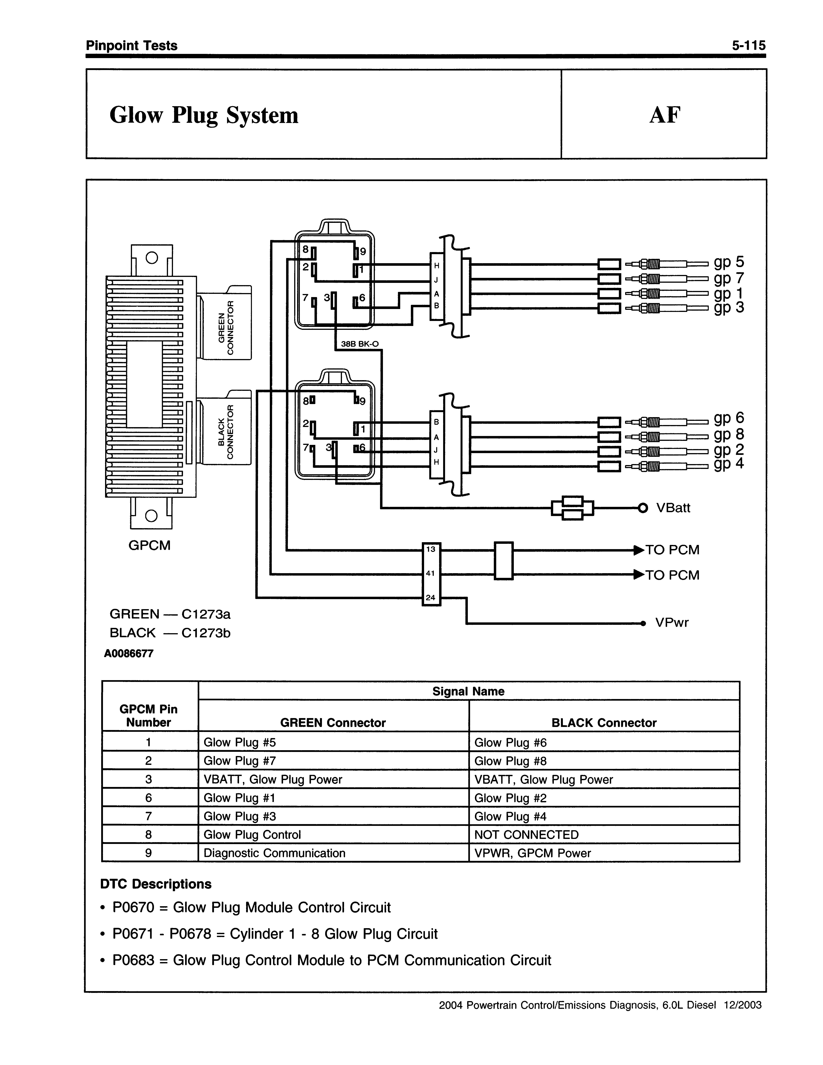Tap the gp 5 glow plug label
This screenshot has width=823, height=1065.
pos(729,262)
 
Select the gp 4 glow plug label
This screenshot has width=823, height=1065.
pos(729,463)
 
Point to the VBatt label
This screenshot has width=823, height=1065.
pos(673,508)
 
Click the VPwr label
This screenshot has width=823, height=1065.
pos(672,622)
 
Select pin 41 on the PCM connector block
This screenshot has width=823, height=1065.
pos(431,573)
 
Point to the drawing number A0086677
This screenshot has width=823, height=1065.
pos(129,653)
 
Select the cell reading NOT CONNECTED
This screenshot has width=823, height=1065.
pos(527,835)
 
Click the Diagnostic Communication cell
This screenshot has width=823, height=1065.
pos(274,853)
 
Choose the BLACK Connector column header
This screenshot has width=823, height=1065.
pos(604,723)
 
